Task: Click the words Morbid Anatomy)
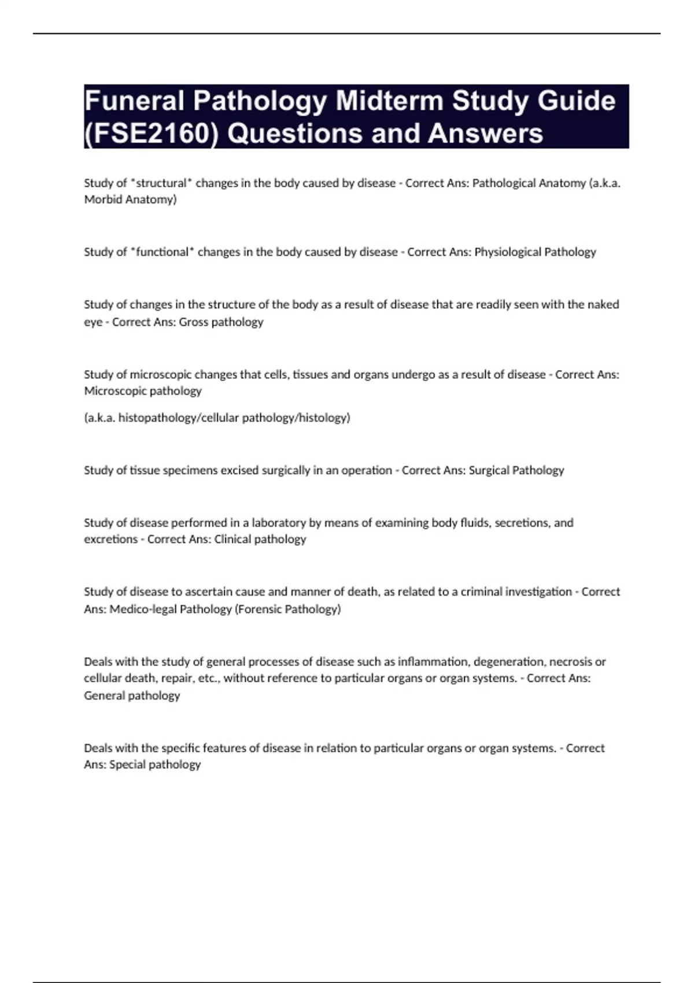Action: [x=130, y=199]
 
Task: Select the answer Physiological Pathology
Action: [x=535, y=252]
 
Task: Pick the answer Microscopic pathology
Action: [x=143, y=391]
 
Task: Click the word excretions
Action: [x=110, y=539]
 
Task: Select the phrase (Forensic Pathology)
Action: [x=287, y=609]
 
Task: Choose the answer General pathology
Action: [x=132, y=696]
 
